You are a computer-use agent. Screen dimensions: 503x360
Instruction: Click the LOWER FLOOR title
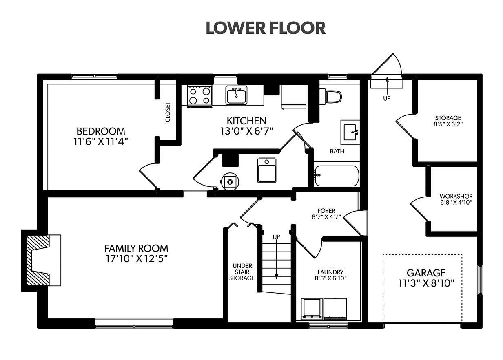pos(266,28)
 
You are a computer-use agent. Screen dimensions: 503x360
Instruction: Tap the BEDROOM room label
pos(101,131)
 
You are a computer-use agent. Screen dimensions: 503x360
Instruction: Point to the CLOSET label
pos(168,112)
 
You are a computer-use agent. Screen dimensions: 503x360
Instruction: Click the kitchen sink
pos(236,95)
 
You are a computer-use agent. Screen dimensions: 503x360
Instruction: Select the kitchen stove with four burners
pos(199,96)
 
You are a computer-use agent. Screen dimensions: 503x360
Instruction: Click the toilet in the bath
pos(330,97)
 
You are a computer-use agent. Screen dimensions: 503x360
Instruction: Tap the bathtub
pos(337,176)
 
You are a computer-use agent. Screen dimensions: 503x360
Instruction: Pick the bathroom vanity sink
pos(350,132)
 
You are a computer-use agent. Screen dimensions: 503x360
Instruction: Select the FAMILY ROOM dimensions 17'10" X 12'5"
pos(137,259)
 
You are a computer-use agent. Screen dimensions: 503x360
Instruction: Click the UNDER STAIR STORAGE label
pos(242,272)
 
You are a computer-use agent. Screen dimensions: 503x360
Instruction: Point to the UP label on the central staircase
pos(276,237)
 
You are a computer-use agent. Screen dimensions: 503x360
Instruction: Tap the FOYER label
pos(326,211)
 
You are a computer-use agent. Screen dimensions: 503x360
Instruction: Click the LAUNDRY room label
pos(330,272)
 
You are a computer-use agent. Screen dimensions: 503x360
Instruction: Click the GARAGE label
pos(426,273)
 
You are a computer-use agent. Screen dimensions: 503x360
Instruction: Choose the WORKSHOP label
pos(456,196)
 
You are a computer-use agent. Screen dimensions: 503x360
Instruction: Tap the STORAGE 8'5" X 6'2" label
pos(448,121)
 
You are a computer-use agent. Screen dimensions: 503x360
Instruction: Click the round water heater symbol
pos(230,181)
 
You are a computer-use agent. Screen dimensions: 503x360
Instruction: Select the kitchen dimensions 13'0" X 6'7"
pos(246,131)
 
